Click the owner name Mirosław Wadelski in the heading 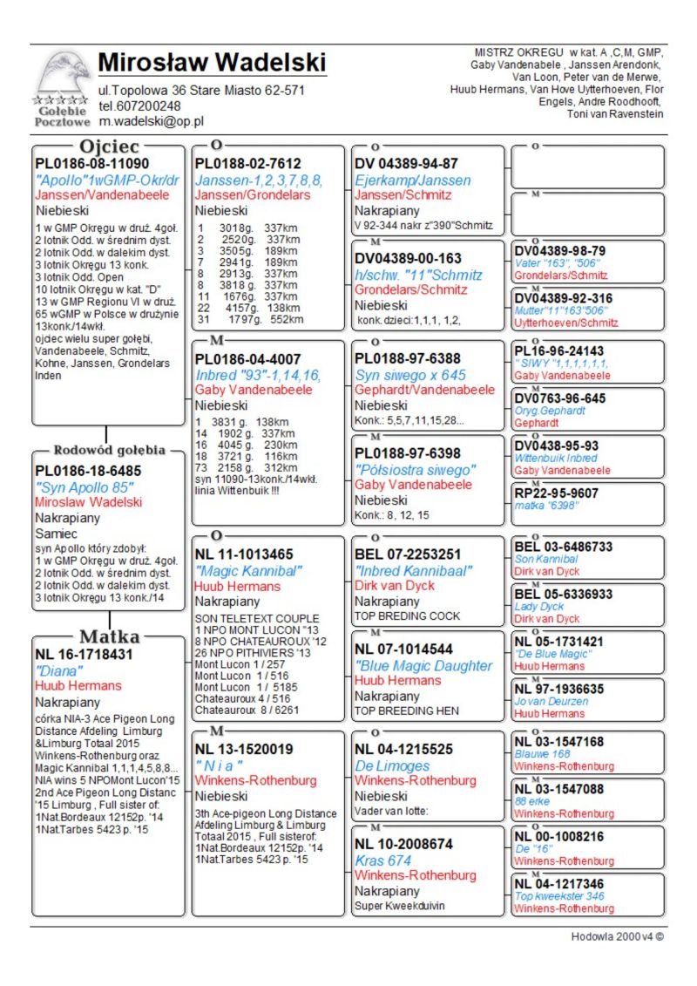pos(212,63)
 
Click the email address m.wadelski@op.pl pos(151,122)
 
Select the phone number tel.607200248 pos(140,105)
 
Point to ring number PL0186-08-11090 pos(91,163)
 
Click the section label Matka pos(110,635)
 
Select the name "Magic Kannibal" pos(248,570)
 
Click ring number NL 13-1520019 pos(244,749)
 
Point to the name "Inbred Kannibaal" pos(414,570)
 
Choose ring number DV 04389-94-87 pos(406,163)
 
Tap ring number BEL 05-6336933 pos(563,594)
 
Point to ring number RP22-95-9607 pos(556,493)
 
